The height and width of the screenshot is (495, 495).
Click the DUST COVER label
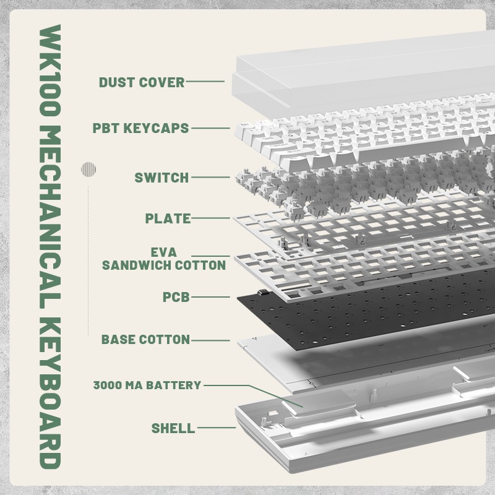142,82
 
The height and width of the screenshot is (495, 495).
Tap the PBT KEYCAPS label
140,128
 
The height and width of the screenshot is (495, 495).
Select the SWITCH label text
161,178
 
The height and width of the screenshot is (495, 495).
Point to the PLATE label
168,218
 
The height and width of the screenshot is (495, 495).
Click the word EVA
163,252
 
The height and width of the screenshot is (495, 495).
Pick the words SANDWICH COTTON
164,265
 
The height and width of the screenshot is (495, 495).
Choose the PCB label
176,297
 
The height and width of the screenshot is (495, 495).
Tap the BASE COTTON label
145,340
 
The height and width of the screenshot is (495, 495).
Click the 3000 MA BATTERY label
147,385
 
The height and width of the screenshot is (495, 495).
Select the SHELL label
173,428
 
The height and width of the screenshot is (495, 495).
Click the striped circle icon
88,169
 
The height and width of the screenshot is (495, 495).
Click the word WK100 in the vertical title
50,71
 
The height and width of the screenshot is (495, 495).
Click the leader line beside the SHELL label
216,428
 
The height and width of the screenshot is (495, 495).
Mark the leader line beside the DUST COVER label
205,82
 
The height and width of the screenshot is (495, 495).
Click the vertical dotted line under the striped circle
88,260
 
